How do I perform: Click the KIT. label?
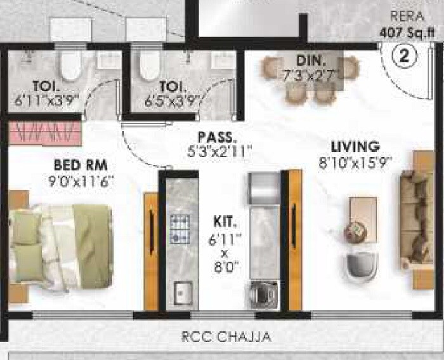click(225, 223)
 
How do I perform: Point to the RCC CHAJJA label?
click(226, 337)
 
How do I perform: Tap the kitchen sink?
click(183, 291)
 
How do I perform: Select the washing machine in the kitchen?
click(262, 294)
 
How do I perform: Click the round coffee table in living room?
click(356, 231)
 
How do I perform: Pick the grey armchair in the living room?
click(361, 265)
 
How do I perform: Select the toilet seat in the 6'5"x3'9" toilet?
click(149, 64)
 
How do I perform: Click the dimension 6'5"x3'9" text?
click(172, 100)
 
